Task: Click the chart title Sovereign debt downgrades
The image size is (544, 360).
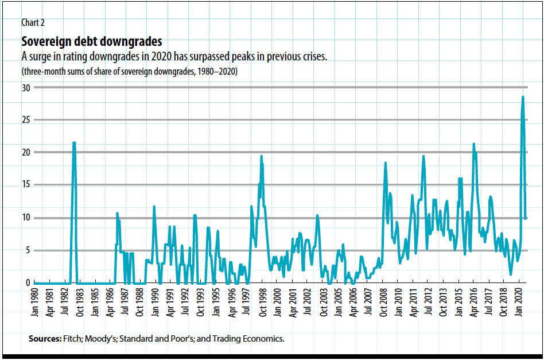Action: pyautogui.click(x=92, y=42)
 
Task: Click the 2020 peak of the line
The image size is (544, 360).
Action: pyautogui.click(x=523, y=97)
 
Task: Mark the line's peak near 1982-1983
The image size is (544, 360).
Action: pyautogui.click(x=74, y=143)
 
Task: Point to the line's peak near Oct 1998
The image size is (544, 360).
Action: pyautogui.click(x=261, y=156)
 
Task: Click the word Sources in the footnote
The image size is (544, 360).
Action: pyautogui.click(x=44, y=339)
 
